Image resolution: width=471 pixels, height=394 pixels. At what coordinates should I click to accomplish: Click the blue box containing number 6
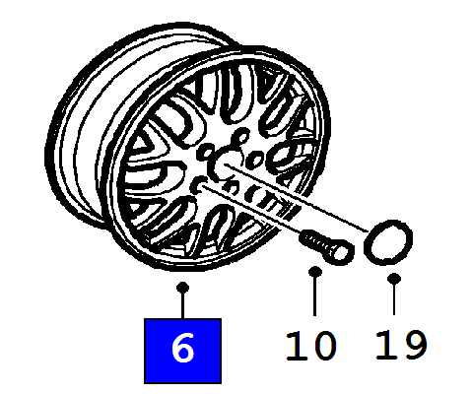tap(182, 351)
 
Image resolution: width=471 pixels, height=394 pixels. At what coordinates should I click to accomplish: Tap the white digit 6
tap(182, 348)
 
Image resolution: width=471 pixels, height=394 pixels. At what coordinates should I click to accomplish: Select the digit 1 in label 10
tap(295, 346)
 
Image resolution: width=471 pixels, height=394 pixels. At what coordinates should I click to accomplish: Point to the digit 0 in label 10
tap(323, 346)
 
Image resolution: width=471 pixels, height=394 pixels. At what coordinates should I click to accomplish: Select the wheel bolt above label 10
tap(326, 246)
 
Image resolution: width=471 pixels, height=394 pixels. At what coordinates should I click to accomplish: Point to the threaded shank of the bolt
tap(312, 240)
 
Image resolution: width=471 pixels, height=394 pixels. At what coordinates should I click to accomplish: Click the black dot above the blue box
tap(182, 288)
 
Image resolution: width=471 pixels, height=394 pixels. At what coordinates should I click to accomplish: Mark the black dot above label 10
tap(315, 272)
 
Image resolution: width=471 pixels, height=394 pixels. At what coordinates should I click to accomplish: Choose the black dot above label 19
tap(394, 279)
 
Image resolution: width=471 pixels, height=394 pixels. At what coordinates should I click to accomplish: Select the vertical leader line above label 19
tap(394, 299)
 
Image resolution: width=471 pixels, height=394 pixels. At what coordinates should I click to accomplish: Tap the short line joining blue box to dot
tap(182, 306)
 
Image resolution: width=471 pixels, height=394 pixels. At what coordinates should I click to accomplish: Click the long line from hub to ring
tap(297, 197)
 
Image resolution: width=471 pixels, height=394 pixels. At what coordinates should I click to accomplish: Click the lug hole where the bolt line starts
tap(199, 186)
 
